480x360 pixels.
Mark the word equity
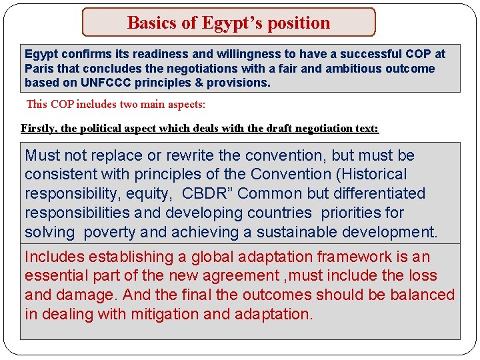[153, 193]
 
